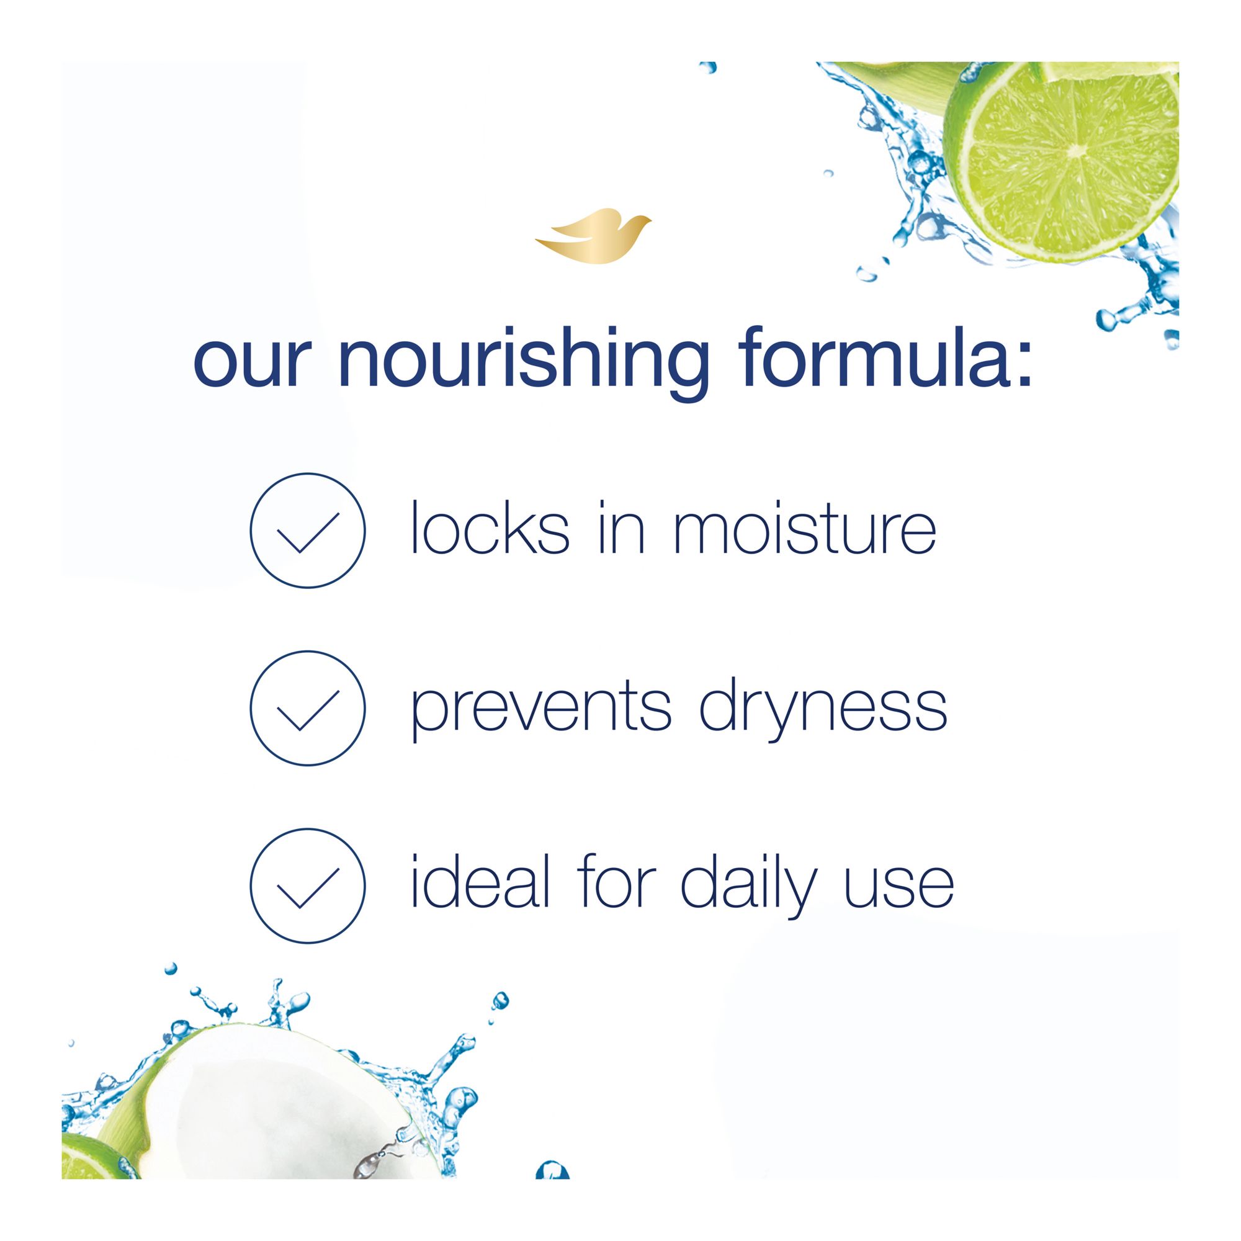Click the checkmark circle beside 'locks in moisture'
pyautogui.click(x=308, y=531)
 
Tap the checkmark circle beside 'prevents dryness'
pyautogui.click(x=308, y=708)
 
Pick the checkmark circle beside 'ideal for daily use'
pyautogui.click(x=308, y=886)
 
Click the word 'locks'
pyautogui.click(x=490, y=531)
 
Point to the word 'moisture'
pyautogui.click(x=805, y=531)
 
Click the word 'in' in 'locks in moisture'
pyautogui.click(x=620, y=531)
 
